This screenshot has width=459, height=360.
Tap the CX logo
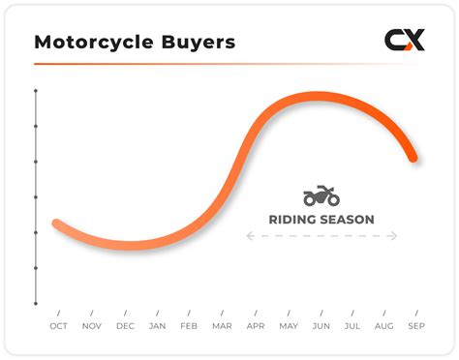point(404,41)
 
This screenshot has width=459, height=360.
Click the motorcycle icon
point(321,195)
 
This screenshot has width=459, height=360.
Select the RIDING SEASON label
point(321,220)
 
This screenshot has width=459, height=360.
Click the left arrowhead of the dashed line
point(248,235)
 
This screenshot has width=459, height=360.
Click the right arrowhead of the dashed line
point(394,235)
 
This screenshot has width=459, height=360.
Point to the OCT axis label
point(59,326)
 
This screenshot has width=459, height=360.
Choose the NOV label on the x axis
point(91,326)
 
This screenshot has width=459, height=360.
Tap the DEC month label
point(125,326)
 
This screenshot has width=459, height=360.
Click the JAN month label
point(157,326)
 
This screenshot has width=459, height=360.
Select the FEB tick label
point(190,326)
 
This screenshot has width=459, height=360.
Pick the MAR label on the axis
point(222,326)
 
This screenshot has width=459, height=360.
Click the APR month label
point(256,326)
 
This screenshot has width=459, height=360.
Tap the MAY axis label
point(288,326)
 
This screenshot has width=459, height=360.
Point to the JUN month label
point(321,326)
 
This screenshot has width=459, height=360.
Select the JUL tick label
point(352,326)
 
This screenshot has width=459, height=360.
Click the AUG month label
point(384,326)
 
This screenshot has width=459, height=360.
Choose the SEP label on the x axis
point(417,326)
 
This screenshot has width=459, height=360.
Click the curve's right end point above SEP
point(413,157)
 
